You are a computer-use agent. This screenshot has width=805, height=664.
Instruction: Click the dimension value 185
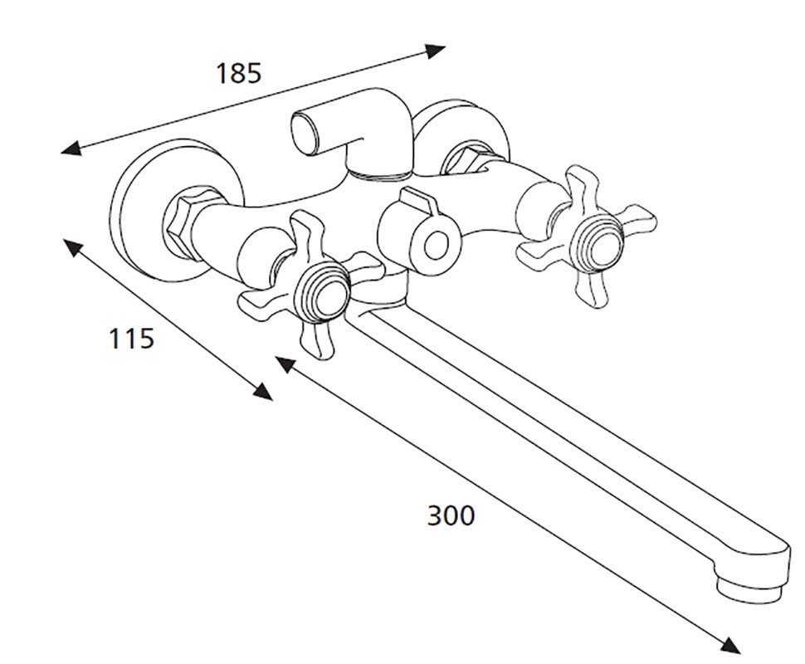pyautogui.click(x=239, y=73)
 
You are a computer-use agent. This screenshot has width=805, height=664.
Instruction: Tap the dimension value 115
pyautogui.click(x=132, y=339)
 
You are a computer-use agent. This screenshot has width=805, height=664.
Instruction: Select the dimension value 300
pyautogui.click(x=451, y=515)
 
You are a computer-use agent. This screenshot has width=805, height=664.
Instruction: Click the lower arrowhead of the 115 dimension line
pyautogui.click(x=263, y=392)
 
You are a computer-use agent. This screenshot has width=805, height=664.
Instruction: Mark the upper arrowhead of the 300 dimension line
pyautogui.click(x=285, y=364)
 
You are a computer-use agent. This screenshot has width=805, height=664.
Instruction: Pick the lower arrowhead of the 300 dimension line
pyautogui.click(x=730, y=646)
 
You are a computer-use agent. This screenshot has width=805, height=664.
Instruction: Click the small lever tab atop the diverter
pyautogui.click(x=420, y=200)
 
